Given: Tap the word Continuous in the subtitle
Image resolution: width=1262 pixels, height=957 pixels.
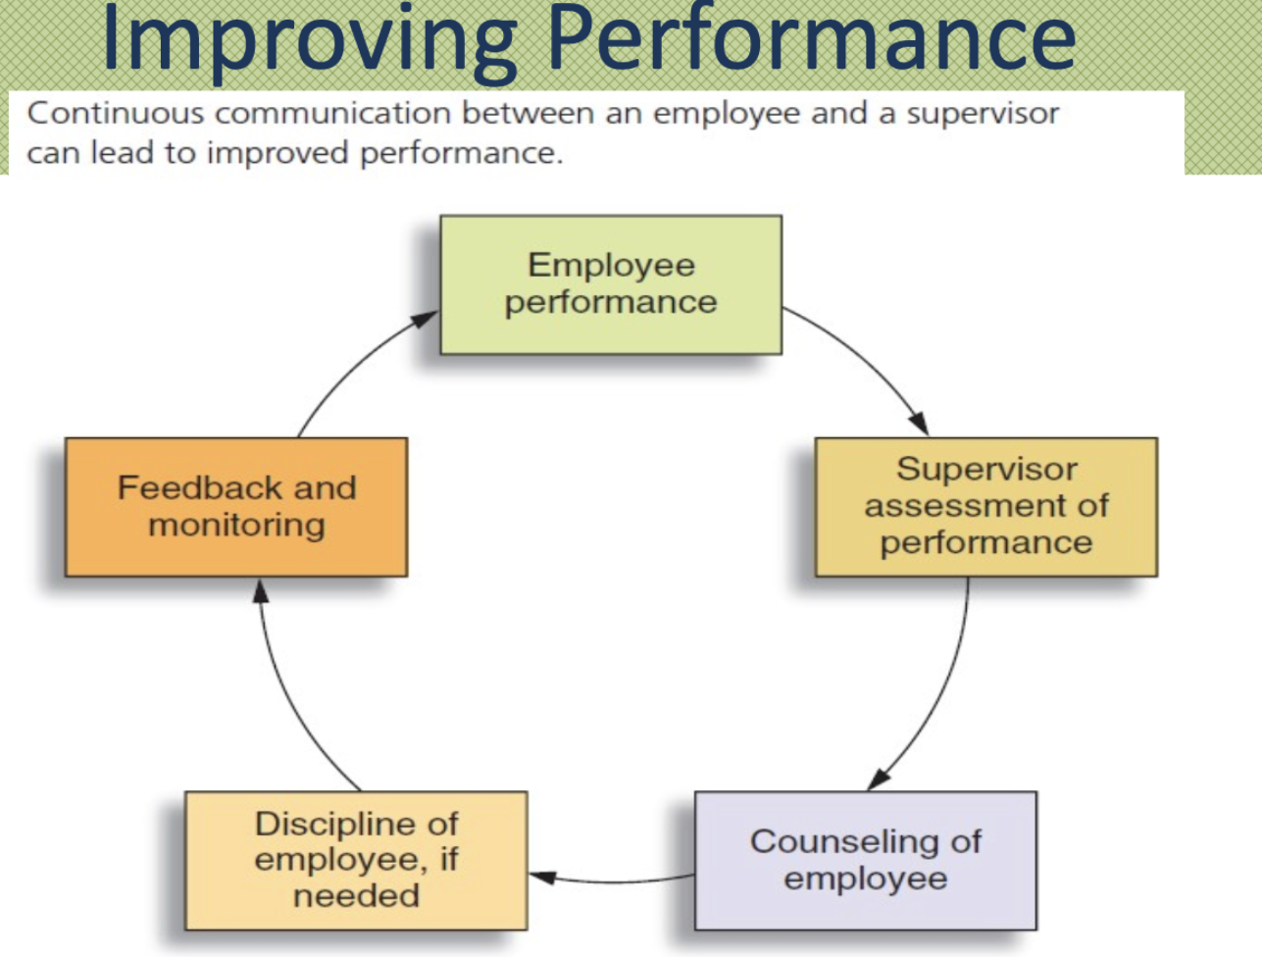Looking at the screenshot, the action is [116, 113].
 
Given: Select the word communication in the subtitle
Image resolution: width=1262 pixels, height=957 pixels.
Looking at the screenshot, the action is [332, 113].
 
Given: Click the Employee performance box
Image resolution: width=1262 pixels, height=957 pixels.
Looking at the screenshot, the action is [611, 285].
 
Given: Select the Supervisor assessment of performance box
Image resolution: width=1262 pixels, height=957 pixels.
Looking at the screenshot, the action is [986, 507].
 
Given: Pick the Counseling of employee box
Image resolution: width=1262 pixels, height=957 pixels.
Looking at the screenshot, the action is [865, 861].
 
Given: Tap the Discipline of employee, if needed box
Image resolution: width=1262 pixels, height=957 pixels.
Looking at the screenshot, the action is [356, 861].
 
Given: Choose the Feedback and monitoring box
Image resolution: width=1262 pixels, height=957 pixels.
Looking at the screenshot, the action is [236, 507].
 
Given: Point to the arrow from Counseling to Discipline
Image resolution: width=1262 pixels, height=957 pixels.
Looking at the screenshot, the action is [611, 881].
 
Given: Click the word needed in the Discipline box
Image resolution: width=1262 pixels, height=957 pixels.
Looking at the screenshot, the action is [356, 895].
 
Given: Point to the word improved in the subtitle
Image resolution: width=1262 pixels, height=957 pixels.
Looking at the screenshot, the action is [278, 154].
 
